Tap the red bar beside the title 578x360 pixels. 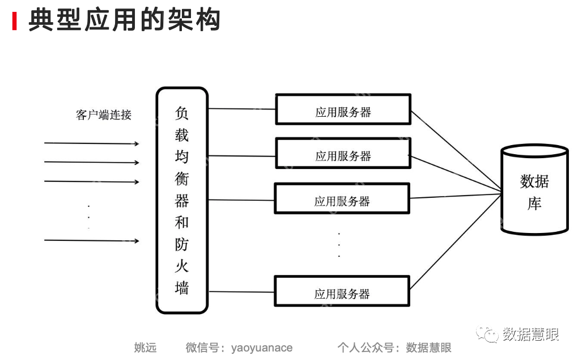coord(15,21)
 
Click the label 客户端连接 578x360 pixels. coord(103,115)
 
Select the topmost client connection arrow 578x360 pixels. coord(91,143)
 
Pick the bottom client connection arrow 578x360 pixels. coord(91,240)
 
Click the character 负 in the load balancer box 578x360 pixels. coord(181,113)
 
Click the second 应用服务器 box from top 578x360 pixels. coord(343,154)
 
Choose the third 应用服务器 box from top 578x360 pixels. coord(342,199)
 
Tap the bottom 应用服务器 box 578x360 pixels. coord(342,291)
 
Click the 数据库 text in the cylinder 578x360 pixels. coord(534,192)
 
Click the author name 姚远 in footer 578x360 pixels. coord(145,348)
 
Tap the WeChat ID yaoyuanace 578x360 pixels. coord(261,348)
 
